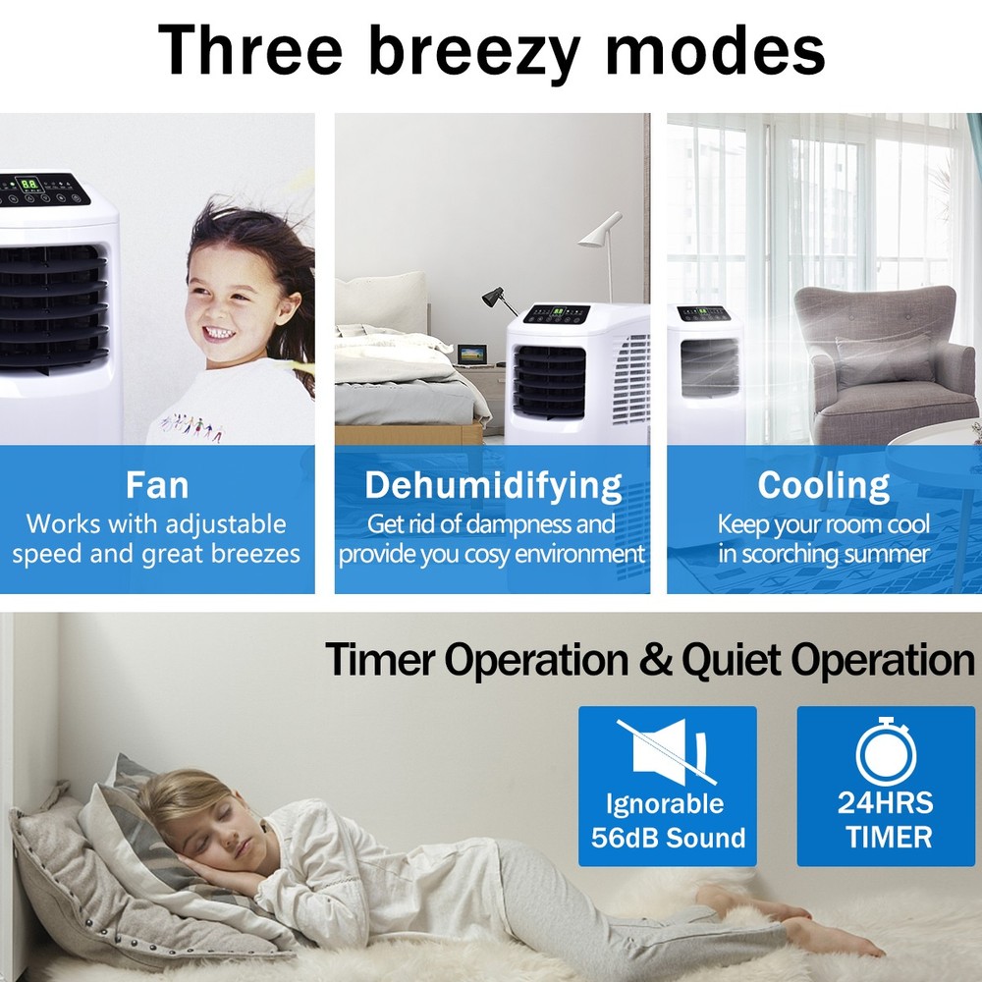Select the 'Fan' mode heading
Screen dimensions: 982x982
click(157, 485)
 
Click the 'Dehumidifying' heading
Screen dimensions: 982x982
click(493, 485)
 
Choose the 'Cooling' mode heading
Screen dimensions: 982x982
click(823, 485)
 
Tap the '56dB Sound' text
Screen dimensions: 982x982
click(668, 838)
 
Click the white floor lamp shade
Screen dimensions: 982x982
click(600, 231)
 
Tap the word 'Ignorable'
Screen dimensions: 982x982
click(664, 804)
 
